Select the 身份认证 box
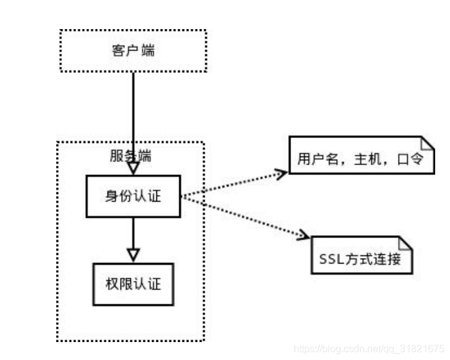coord(133,197)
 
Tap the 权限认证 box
coord(133,284)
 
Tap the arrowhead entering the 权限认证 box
coord(133,255)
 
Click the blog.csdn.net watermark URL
coord(368,348)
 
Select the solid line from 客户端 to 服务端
coord(133,111)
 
